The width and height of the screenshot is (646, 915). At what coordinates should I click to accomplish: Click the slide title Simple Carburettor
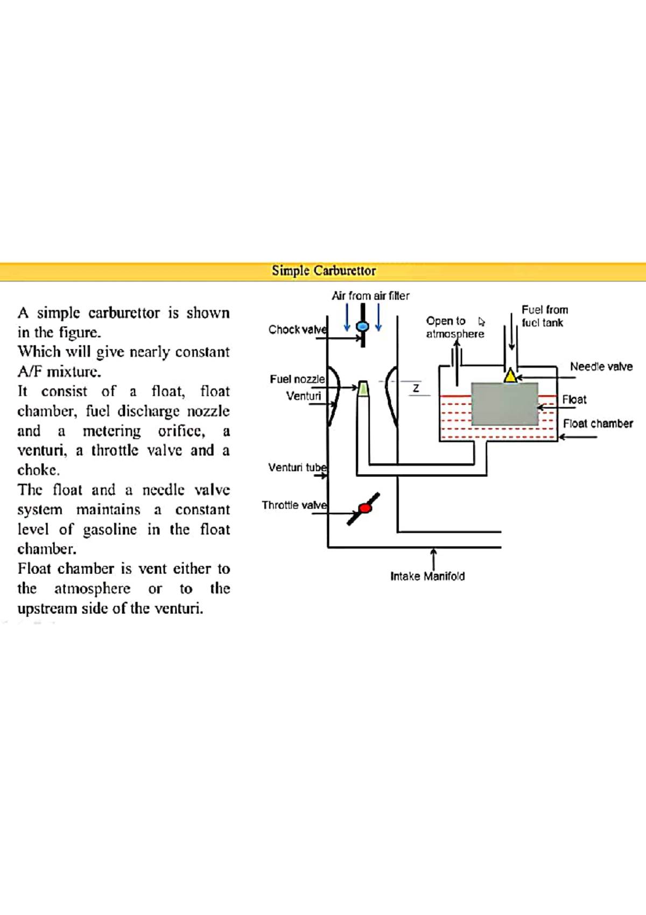click(x=324, y=271)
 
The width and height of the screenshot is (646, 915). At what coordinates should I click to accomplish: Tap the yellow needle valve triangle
click(x=510, y=376)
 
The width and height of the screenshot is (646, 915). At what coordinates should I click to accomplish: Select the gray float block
click(x=504, y=404)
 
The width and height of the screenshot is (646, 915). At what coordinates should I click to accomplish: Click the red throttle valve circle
click(x=365, y=508)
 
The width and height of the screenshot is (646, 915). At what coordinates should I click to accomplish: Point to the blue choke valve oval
click(x=363, y=326)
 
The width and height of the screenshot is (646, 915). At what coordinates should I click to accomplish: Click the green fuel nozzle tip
click(x=363, y=389)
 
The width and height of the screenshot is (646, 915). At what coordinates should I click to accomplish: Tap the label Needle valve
click(x=601, y=366)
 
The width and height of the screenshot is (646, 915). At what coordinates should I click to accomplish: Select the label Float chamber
click(x=598, y=424)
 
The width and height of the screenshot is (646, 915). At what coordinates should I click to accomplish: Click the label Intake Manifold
click(x=427, y=576)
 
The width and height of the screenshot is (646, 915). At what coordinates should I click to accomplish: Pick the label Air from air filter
click(x=370, y=296)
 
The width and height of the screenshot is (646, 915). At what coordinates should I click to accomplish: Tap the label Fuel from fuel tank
click(x=544, y=316)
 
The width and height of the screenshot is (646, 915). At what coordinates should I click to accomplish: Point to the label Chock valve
click(x=297, y=329)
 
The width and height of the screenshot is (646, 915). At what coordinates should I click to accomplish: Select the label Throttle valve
click(x=293, y=505)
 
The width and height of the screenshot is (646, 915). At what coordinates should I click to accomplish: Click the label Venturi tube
click(x=297, y=467)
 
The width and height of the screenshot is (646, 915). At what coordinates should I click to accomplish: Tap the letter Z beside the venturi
click(x=416, y=388)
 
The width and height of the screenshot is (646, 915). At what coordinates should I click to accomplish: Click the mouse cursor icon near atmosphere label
click(x=481, y=322)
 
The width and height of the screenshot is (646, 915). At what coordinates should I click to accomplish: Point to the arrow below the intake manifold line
click(x=434, y=558)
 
